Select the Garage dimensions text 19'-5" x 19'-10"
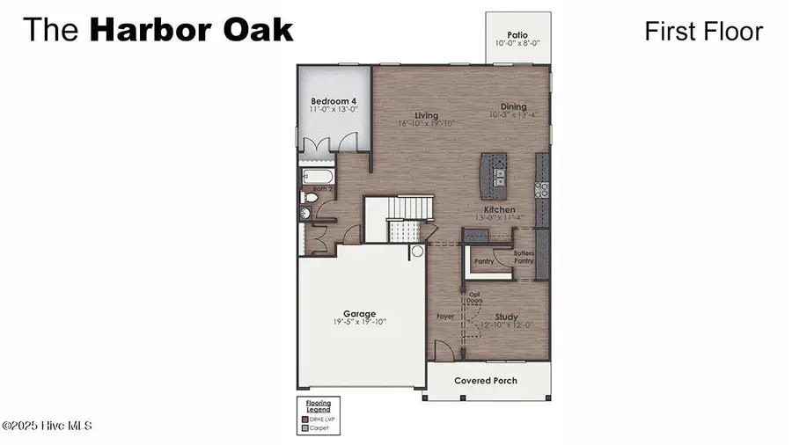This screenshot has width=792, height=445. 359,323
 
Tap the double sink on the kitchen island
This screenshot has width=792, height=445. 499,177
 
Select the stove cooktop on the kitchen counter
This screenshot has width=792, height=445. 543,186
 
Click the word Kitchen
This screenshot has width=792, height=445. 499,210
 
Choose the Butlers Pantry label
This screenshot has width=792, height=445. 524,257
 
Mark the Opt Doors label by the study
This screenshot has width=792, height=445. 474,298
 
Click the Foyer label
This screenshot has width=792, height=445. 445,316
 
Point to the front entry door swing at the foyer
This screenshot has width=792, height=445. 447,351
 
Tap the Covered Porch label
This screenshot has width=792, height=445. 486,381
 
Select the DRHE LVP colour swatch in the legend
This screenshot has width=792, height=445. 305,419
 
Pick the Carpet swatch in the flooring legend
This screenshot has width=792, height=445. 305,428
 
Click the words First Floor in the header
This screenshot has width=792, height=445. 703,32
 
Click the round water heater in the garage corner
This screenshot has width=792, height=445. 417,251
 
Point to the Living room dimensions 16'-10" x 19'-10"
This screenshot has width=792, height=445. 427,124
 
